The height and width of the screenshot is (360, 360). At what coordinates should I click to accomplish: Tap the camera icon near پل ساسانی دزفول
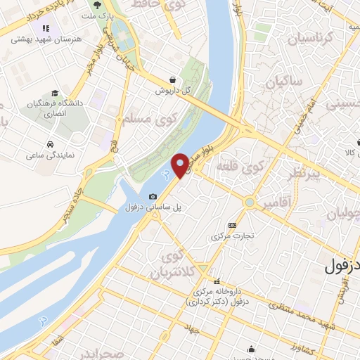tap(153, 196)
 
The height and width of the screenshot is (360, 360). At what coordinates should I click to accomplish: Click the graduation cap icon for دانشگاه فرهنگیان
tap(54, 94)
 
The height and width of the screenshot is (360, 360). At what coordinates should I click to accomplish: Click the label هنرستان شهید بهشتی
tap(41, 39)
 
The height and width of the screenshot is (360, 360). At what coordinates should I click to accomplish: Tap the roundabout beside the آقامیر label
tap(249, 202)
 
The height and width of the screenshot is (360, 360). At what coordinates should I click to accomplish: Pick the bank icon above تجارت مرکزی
tap(233, 226)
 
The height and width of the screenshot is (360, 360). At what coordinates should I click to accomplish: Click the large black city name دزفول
tap(342, 267)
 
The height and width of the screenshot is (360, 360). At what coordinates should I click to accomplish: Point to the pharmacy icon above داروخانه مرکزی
tap(218, 281)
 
